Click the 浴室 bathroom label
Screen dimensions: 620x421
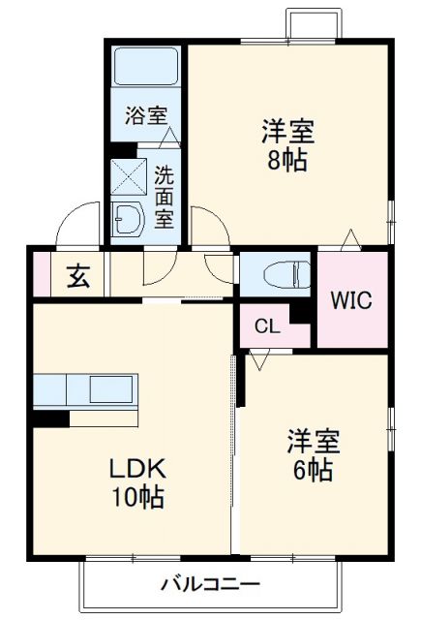tap(145, 114)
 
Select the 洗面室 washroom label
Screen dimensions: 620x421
tap(165, 197)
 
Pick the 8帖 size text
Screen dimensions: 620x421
tap(287, 161)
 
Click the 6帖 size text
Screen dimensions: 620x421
tap(313, 472)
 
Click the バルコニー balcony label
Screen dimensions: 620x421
tap(210, 584)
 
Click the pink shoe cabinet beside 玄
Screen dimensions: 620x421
tap(42, 274)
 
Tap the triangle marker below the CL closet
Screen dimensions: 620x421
tap(258, 359)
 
